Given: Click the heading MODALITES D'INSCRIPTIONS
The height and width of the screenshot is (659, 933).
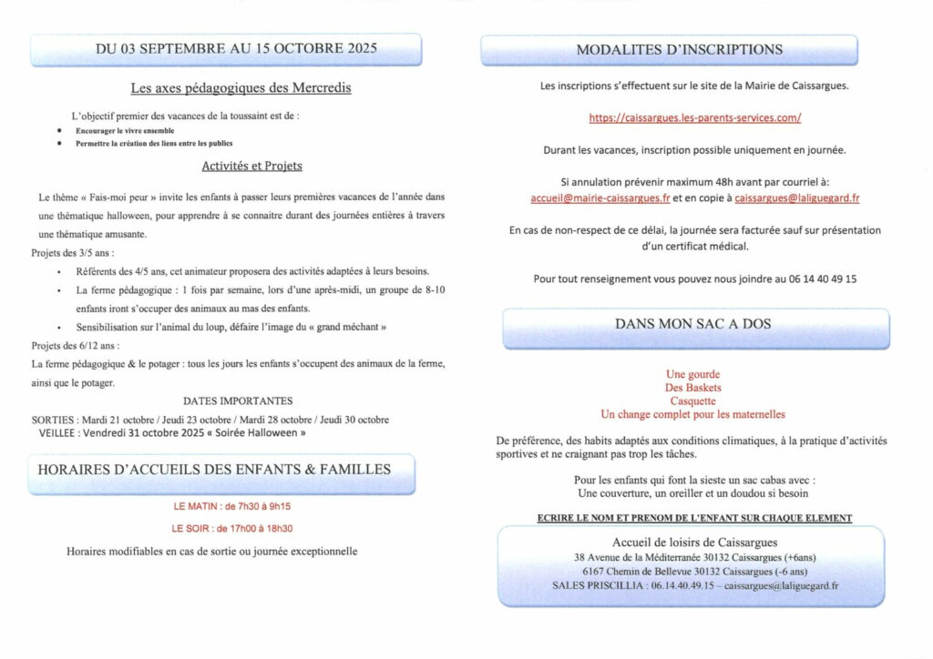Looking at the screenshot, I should [679, 49].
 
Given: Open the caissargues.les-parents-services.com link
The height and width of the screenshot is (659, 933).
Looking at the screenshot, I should [695, 118].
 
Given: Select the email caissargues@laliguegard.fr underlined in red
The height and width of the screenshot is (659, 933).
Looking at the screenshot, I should [796, 198].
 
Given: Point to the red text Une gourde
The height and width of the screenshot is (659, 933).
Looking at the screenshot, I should [693, 374].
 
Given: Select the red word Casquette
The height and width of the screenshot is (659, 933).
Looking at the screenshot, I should [693, 400].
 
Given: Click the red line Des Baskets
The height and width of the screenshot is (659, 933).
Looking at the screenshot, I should [693, 388].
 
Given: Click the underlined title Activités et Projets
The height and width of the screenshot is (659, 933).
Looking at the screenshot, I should [252, 167].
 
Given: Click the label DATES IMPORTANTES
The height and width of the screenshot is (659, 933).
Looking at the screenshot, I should [237, 400].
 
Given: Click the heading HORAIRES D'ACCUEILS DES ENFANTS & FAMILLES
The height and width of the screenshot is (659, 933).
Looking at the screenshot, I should [214, 470].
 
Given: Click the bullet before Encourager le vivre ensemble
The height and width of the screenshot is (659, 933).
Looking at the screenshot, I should [59, 131].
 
